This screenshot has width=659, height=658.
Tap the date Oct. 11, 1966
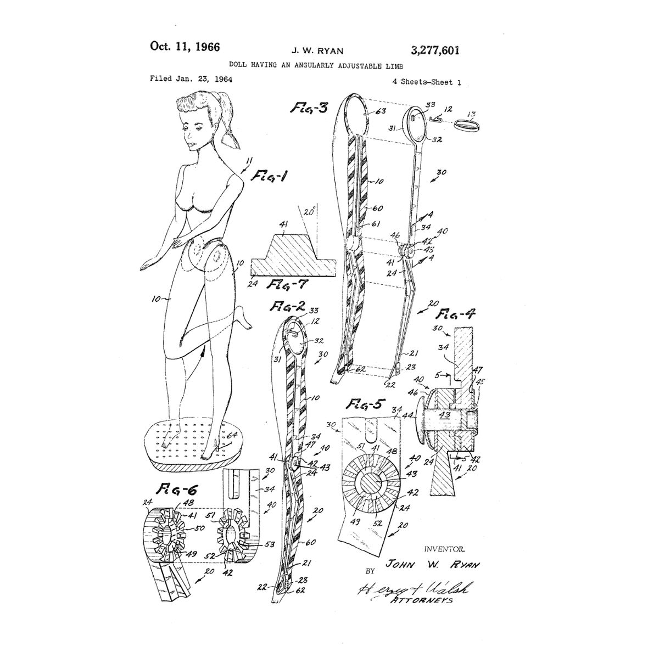pyautogui.click(x=185, y=46)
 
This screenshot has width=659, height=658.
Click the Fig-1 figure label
pyautogui.click(x=270, y=176)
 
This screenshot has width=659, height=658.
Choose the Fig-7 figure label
pyautogui.click(x=285, y=284)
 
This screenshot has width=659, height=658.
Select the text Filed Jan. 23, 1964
pyautogui.click(x=191, y=79)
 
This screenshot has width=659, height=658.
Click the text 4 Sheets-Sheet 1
pyautogui.click(x=426, y=82)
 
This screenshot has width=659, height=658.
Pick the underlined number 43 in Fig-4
pyautogui.click(x=444, y=415)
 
